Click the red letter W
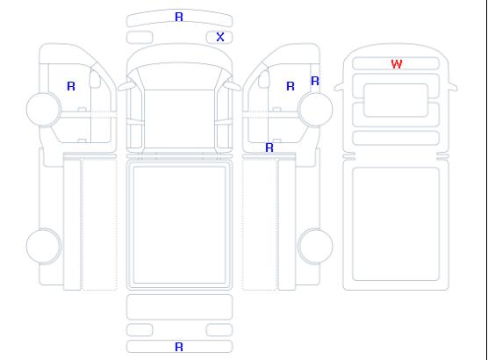pos(397,64)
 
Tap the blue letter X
pos(220,37)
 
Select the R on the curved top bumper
pos(179,17)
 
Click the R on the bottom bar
pos(179,347)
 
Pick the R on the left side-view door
pos(71,86)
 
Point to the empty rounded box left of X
pos(140,38)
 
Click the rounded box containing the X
pos(219,38)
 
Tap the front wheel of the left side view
pos(44,109)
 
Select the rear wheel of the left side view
pos(44,246)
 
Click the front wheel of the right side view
pos(315,109)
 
